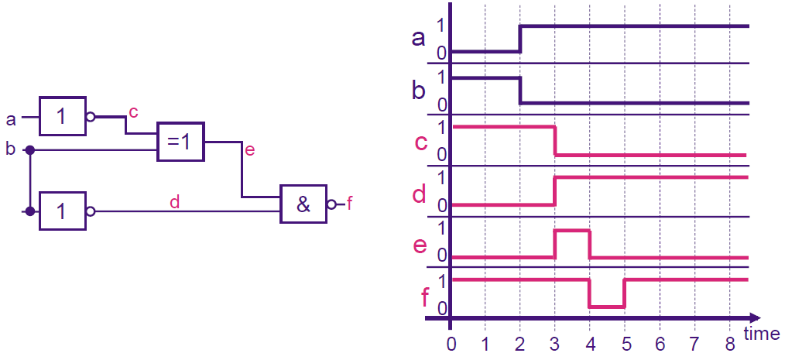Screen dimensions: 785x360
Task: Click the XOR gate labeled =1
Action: pyautogui.click(x=180, y=142)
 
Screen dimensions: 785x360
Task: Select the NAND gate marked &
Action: pyautogui.click(x=303, y=204)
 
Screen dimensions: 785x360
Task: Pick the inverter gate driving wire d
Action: pyautogui.click(x=62, y=211)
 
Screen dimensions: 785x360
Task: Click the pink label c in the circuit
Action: pyautogui.click(x=133, y=112)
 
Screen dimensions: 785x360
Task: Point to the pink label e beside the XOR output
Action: pyautogui.click(x=249, y=150)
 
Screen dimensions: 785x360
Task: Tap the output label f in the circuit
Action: pyautogui.click(x=350, y=204)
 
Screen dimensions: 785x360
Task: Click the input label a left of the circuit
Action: pyautogui.click(x=11, y=119)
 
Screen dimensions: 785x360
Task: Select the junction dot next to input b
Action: pyautogui.click(x=29, y=149)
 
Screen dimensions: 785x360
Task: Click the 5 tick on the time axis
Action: pyautogui.click(x=625, y=341)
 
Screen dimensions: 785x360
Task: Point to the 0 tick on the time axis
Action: pyautogui.click(x=451, y=341)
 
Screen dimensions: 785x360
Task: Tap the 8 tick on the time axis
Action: pyautogui.click(x=729, y=341)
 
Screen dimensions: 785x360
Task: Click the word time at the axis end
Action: pyautogui.click(x=762, y=334)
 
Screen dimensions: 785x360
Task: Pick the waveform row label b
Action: pyautogui.click(x=419, y=91)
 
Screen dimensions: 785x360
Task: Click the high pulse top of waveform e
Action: pyautogui.click(x=572, y=231)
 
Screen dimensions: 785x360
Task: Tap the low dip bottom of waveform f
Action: pyautogui.click(x=606, y=307)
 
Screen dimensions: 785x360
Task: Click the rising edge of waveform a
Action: pyautogui.click(x=520, y=39)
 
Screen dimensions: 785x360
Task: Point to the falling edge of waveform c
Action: pyautogui.click(x=555, y=141)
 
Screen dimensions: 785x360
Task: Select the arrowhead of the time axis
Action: pyautogui.click(x=754, y=317)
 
